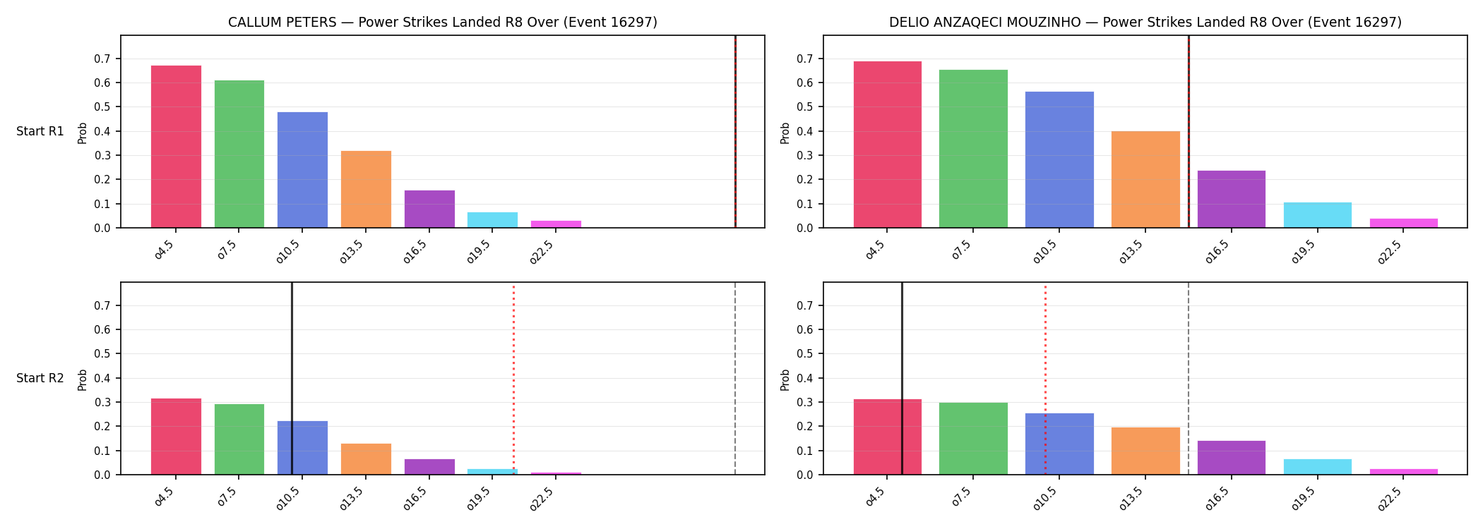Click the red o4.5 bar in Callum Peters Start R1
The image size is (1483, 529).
coord(176,147)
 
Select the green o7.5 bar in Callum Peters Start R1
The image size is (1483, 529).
coord(239,154)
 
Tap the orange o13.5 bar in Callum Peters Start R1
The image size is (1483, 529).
coord(366,189)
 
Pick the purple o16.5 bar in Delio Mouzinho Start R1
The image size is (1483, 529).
coord(1232,199)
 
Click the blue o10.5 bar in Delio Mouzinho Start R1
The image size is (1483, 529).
coord(1059,159)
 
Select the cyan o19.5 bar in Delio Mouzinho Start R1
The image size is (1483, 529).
coord(1318,215)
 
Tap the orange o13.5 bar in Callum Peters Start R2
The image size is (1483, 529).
coord(366,459)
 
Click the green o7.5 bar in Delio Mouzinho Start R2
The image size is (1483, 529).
coord(973,439)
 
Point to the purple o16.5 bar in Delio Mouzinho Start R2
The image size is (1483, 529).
coord(1232,458)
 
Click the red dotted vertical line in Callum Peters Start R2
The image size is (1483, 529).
coord(513,379)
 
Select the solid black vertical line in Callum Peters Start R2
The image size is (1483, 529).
coord(292,379)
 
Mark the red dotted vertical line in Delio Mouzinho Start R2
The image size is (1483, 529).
coord(1045,379)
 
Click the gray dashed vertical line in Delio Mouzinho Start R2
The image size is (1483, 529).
coord(1189,379)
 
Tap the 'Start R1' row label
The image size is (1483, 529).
coord(40,132)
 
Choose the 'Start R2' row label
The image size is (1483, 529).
coord(40,379)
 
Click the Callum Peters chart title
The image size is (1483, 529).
coord(443,23)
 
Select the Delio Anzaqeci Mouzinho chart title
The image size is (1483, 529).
coord(1145,23)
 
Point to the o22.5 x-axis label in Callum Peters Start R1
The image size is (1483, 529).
coord(542,252)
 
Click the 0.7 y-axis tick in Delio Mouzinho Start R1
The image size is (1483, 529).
coord(804,59)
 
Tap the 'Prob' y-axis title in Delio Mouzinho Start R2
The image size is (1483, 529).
coord(785,379)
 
